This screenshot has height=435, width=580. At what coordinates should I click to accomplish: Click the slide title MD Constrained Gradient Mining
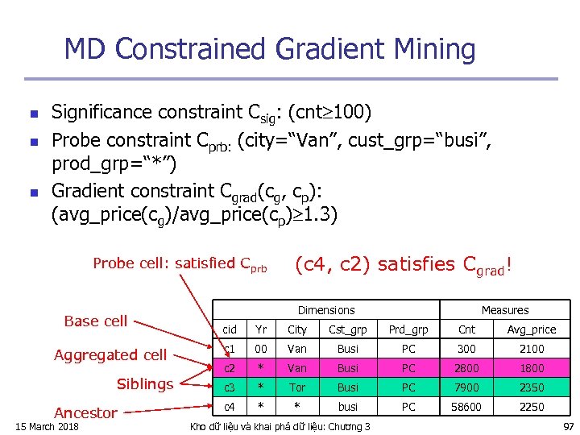[270, 50]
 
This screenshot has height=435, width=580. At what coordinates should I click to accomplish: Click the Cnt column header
[466, 329]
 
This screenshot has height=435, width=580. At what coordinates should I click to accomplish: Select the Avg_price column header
[532, 329]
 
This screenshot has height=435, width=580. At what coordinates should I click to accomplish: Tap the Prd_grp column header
[408, 329]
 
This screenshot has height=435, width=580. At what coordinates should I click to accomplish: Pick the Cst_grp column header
[348, 329]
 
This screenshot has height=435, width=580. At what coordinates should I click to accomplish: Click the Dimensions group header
[325, 310]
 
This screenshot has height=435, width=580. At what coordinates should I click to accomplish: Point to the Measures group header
[505, 310]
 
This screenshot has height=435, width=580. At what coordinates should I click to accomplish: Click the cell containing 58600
[466, 407]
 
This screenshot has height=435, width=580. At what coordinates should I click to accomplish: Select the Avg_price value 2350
[532, 387]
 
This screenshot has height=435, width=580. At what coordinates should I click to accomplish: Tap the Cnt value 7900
[466, 387]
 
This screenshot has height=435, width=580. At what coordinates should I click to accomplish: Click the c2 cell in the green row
[230, 368]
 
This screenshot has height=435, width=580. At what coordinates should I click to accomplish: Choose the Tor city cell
[297, 387]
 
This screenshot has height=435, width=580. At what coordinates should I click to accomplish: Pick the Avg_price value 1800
[532, 368]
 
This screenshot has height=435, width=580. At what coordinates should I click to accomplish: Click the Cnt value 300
[466, 349]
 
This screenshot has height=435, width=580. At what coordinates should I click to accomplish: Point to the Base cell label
[95, 321]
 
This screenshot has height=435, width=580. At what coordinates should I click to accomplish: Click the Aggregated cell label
[110, 354]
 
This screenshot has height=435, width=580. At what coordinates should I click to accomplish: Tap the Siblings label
[145, 384]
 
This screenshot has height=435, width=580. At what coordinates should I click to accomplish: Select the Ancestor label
[85, 412]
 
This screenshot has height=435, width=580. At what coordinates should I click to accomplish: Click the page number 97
[568, 426]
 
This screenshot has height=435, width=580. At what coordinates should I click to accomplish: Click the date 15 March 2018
[47, 426]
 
